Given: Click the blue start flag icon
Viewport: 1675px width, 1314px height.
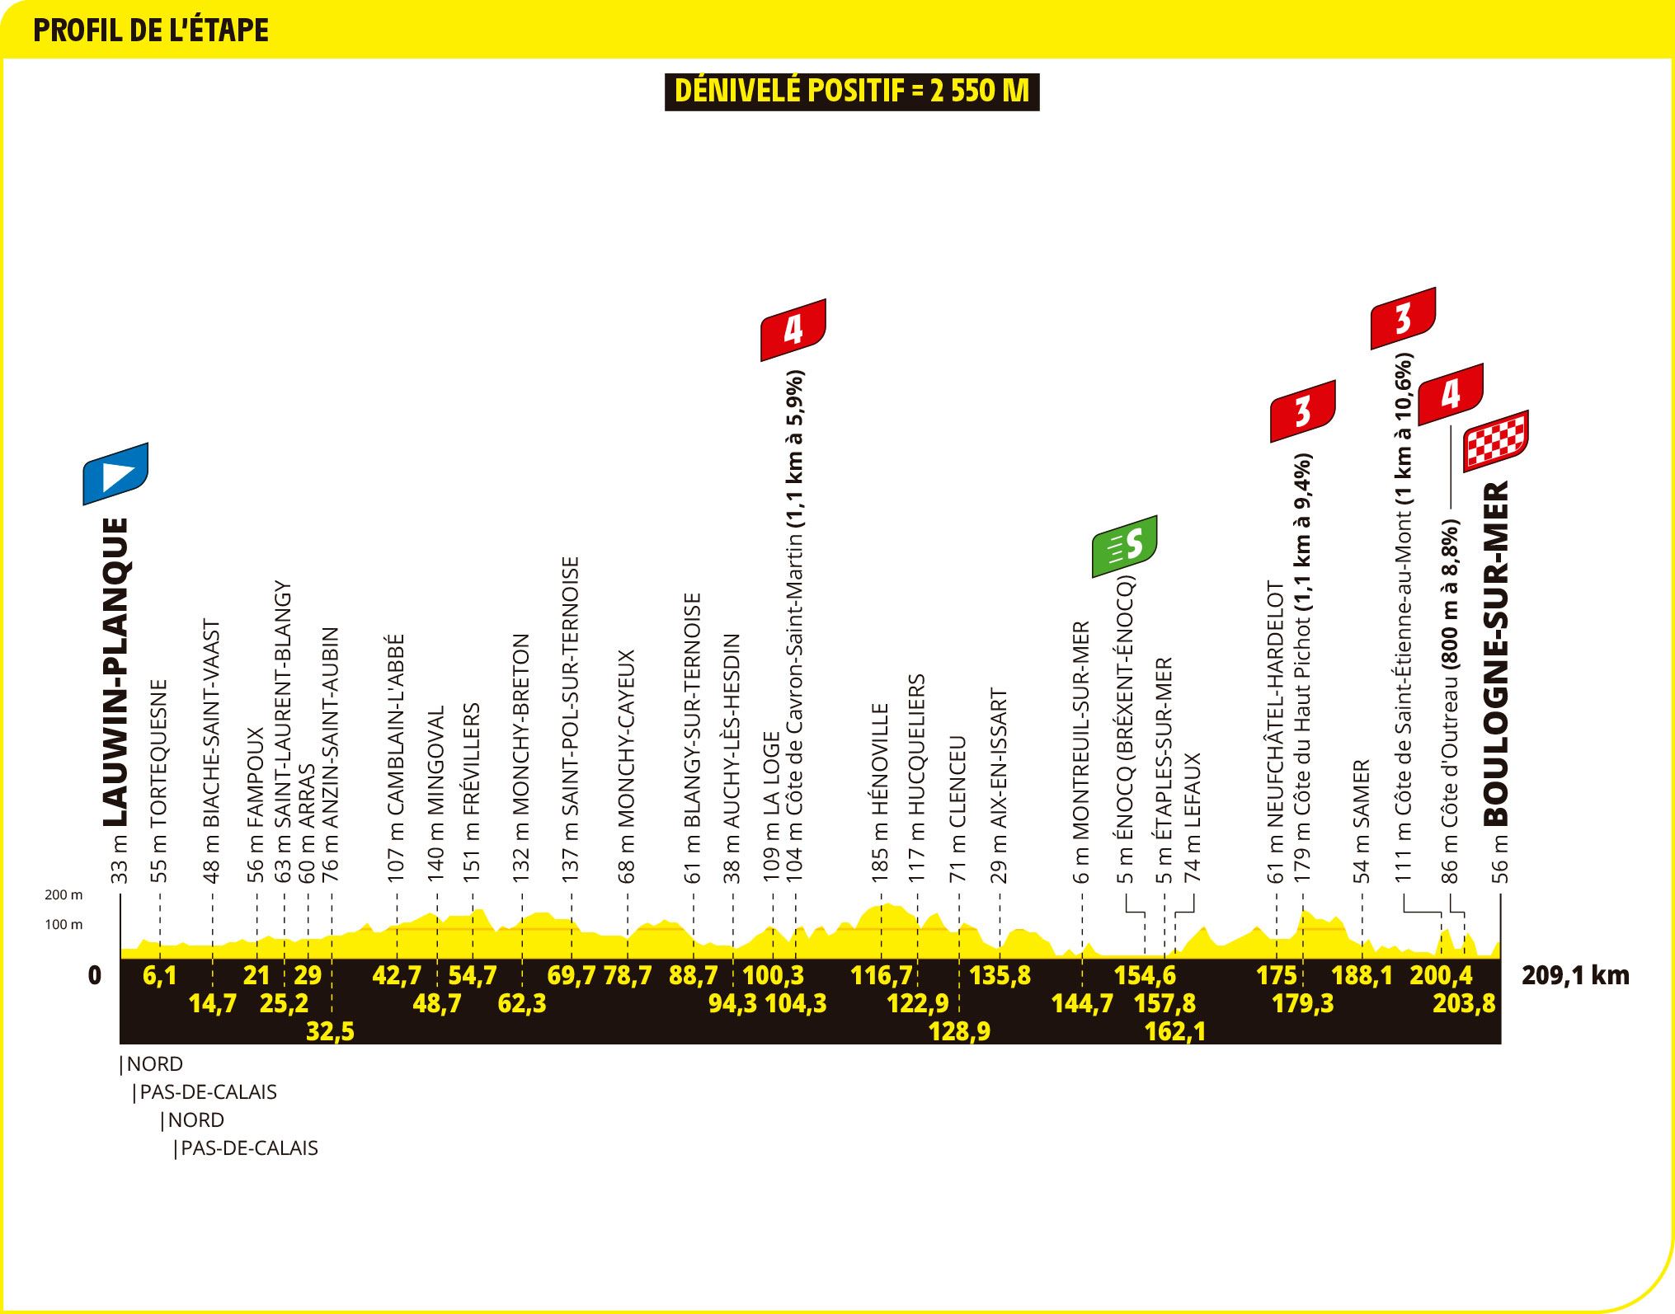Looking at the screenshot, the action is point(115,474).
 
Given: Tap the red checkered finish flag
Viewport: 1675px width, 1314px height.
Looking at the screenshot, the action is point(1496,441).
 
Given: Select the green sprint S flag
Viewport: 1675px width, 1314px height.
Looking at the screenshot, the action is point(1125,546).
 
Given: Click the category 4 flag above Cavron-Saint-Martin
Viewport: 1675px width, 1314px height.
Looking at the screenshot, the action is point(793,330).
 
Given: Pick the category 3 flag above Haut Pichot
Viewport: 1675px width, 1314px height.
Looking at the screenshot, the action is point(1303,411).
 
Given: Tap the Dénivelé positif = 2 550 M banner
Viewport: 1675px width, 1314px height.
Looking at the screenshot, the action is point(852,92).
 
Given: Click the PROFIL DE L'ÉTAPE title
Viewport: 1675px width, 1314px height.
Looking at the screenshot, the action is point(151,30).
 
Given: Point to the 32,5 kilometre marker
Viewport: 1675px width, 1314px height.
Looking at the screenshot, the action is point(330,1031).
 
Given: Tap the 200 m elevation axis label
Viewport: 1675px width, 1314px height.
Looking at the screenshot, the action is point(64,894).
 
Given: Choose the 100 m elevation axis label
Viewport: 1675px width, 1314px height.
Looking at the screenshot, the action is point(64,924).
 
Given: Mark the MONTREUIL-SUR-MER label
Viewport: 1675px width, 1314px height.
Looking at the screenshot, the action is point(1083,753).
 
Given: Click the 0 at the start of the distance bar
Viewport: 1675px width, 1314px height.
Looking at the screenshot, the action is point(95,975).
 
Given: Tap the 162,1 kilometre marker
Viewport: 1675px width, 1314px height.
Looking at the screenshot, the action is point(1175,1031).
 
